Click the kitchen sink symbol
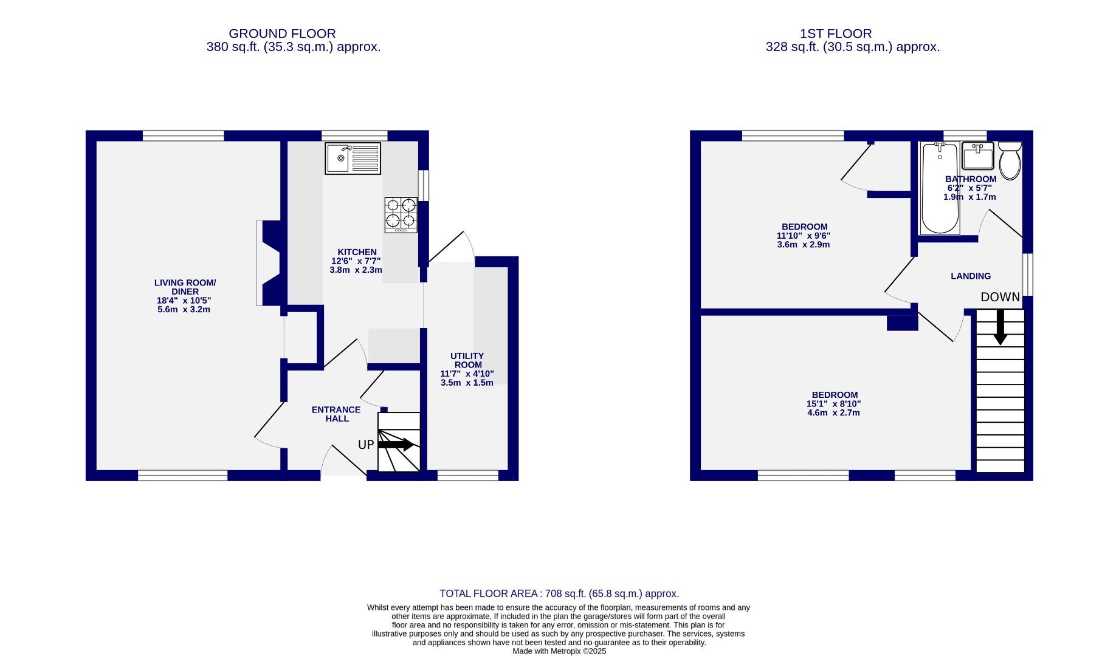[353, 159]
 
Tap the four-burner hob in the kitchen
[401, 214]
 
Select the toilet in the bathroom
[1010, 160]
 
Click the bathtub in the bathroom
[939, 188]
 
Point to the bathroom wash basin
[977, 156]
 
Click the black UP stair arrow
[396, 445]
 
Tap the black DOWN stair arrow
[1000, 327]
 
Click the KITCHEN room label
[357, 252]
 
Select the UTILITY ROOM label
[467, 360]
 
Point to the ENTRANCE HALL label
[336, 414]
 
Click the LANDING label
[971, 276]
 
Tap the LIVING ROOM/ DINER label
[185, 287]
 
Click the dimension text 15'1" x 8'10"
[833, 404]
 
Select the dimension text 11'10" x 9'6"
[804, 236]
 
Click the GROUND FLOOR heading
[282, 34]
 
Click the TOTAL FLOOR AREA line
[559, 593]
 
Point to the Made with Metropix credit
[559, 651]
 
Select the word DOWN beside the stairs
[1000, 297]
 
